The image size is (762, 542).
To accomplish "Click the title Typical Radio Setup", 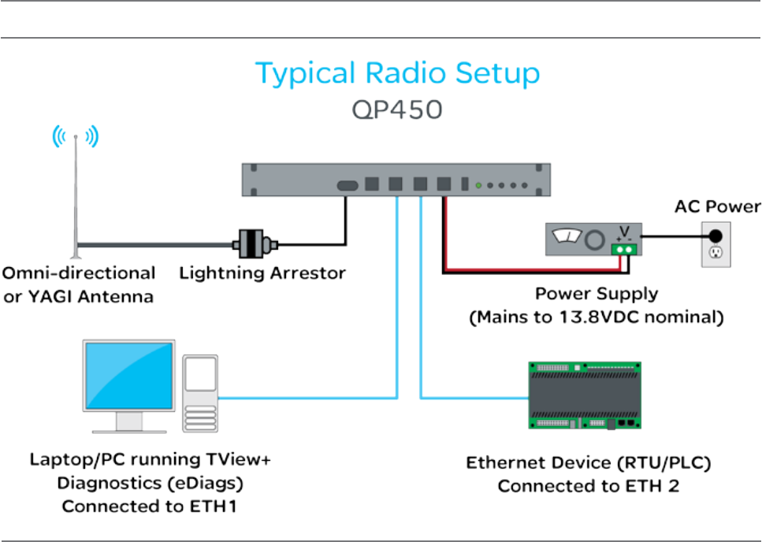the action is (397, 74).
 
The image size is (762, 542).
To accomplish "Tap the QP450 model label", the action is (397, 110).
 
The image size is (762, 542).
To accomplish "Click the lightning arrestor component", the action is (255, 243).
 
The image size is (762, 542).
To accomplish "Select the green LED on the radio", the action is (478, 185).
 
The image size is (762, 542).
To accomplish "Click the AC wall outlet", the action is (716, 244).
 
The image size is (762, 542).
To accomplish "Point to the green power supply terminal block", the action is (623, 250).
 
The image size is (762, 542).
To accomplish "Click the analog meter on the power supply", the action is (567, 236).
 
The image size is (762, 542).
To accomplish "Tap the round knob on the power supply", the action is (595, 239).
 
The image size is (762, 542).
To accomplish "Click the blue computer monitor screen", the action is (129, 376).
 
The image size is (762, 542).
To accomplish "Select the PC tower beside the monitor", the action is (200, 393).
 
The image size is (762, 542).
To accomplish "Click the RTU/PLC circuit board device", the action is (585, 395).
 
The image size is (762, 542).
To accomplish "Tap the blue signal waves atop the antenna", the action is (76, 136).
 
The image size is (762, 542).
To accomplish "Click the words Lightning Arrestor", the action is (262, 273).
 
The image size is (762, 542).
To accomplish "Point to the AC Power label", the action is (717, 207).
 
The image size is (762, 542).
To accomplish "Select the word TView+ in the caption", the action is (238, 459).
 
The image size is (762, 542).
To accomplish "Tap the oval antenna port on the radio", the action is (348, 185).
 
